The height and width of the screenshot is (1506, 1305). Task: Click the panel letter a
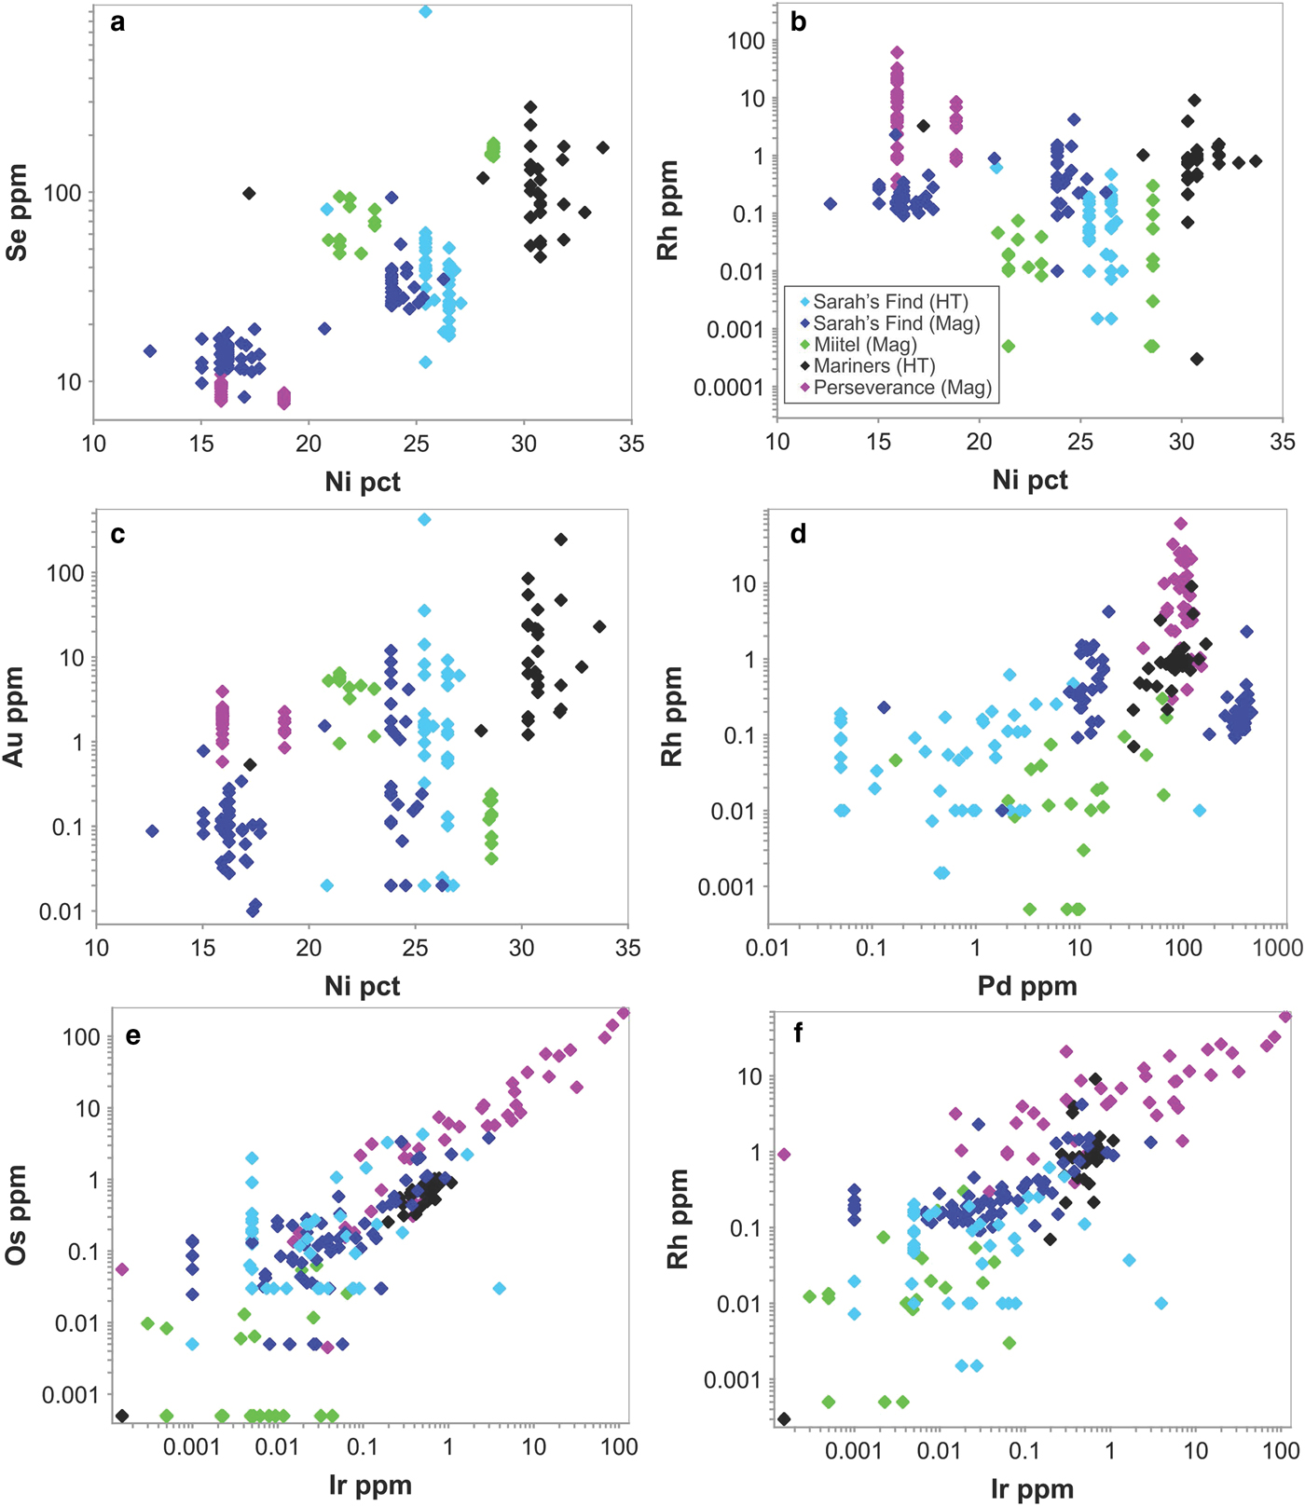coord(117,22)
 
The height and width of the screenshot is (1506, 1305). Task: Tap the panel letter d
coord(798,534)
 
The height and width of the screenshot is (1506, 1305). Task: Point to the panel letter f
coord(798,1034)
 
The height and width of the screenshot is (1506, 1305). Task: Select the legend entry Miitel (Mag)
coord(864,345)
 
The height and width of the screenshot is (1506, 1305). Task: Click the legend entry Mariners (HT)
coord(873,366)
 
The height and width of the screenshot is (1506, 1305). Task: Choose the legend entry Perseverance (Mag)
coord(901,388)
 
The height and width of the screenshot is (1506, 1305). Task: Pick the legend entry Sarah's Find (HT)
coord(889,302)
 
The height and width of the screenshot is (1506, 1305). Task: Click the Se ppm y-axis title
coord(17,212)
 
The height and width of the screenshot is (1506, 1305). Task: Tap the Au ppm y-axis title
coord(14,717)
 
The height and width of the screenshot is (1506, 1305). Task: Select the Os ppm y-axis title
coord(16,1214)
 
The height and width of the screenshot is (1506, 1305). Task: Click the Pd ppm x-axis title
coord(1027,986)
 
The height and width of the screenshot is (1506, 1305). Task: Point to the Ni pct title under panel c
coord(363,986)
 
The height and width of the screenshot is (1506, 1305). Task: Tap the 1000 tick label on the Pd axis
coord(1277,948)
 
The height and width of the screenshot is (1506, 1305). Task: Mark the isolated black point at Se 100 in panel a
coord(249,193)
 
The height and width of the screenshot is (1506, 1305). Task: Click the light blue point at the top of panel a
coord(425,12)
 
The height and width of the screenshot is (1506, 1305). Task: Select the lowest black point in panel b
coord(1197,359)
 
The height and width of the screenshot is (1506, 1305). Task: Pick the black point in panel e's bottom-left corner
coord(122,1416)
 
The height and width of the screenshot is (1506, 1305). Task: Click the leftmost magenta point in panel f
coord(784,1154)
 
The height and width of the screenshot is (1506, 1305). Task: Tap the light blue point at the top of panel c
coord(424,520)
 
